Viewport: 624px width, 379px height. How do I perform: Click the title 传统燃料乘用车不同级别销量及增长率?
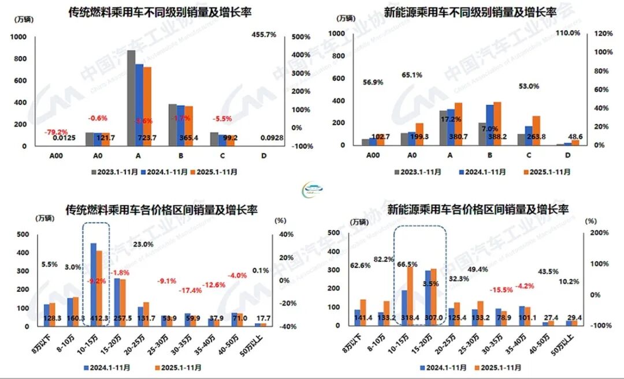pos(156,12)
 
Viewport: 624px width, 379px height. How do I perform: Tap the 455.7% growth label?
pos(263,35)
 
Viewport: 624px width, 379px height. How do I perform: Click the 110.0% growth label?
pos(567,33)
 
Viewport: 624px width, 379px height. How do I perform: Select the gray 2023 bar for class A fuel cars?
pos(131,98)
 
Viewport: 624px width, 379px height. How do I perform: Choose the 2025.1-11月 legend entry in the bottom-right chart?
pos(498,367)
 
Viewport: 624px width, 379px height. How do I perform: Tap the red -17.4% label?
pos(191,290)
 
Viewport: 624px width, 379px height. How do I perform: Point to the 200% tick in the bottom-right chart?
pos(596,233)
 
